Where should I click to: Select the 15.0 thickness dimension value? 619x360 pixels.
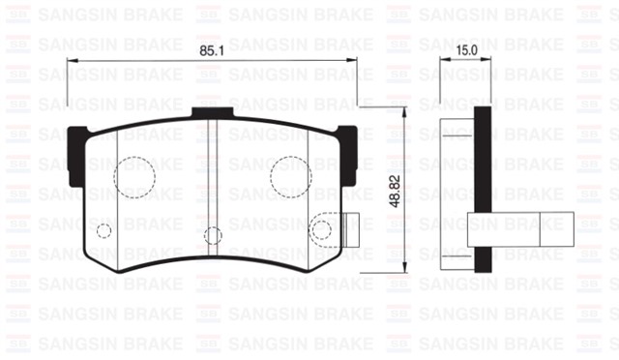[466, 49]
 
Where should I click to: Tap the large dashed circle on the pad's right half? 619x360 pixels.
[289, 175]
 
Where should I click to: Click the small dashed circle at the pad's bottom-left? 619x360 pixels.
[104, 229]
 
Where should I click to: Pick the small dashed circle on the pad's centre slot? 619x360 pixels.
[214, 234]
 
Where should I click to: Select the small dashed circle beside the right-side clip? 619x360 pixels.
[320, 230]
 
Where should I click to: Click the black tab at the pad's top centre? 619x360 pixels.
[213, 113]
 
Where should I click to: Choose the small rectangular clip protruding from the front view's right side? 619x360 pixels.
[350, 229]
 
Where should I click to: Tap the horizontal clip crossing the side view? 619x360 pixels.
[517, 229]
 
